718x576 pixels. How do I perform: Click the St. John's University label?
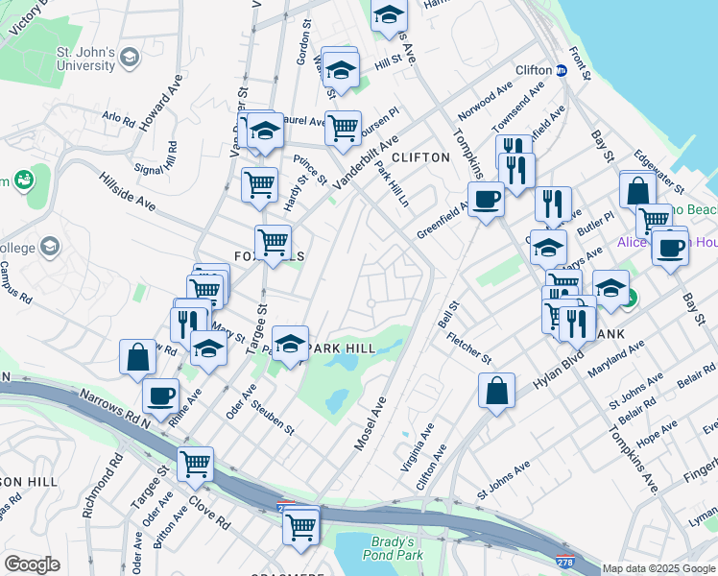(85, 58)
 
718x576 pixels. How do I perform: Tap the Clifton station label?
(535, 70)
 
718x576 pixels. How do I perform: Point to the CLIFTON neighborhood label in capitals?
(420, 156)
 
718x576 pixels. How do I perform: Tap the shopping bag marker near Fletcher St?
(496, 392)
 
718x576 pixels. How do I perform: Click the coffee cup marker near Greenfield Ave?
(487, 200)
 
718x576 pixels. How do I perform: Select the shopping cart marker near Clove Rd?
(195, 465)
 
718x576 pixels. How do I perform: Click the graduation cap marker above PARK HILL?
(290, 343)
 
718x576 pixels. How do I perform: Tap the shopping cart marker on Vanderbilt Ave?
(342, 128)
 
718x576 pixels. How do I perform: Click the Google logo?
(32, 564)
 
